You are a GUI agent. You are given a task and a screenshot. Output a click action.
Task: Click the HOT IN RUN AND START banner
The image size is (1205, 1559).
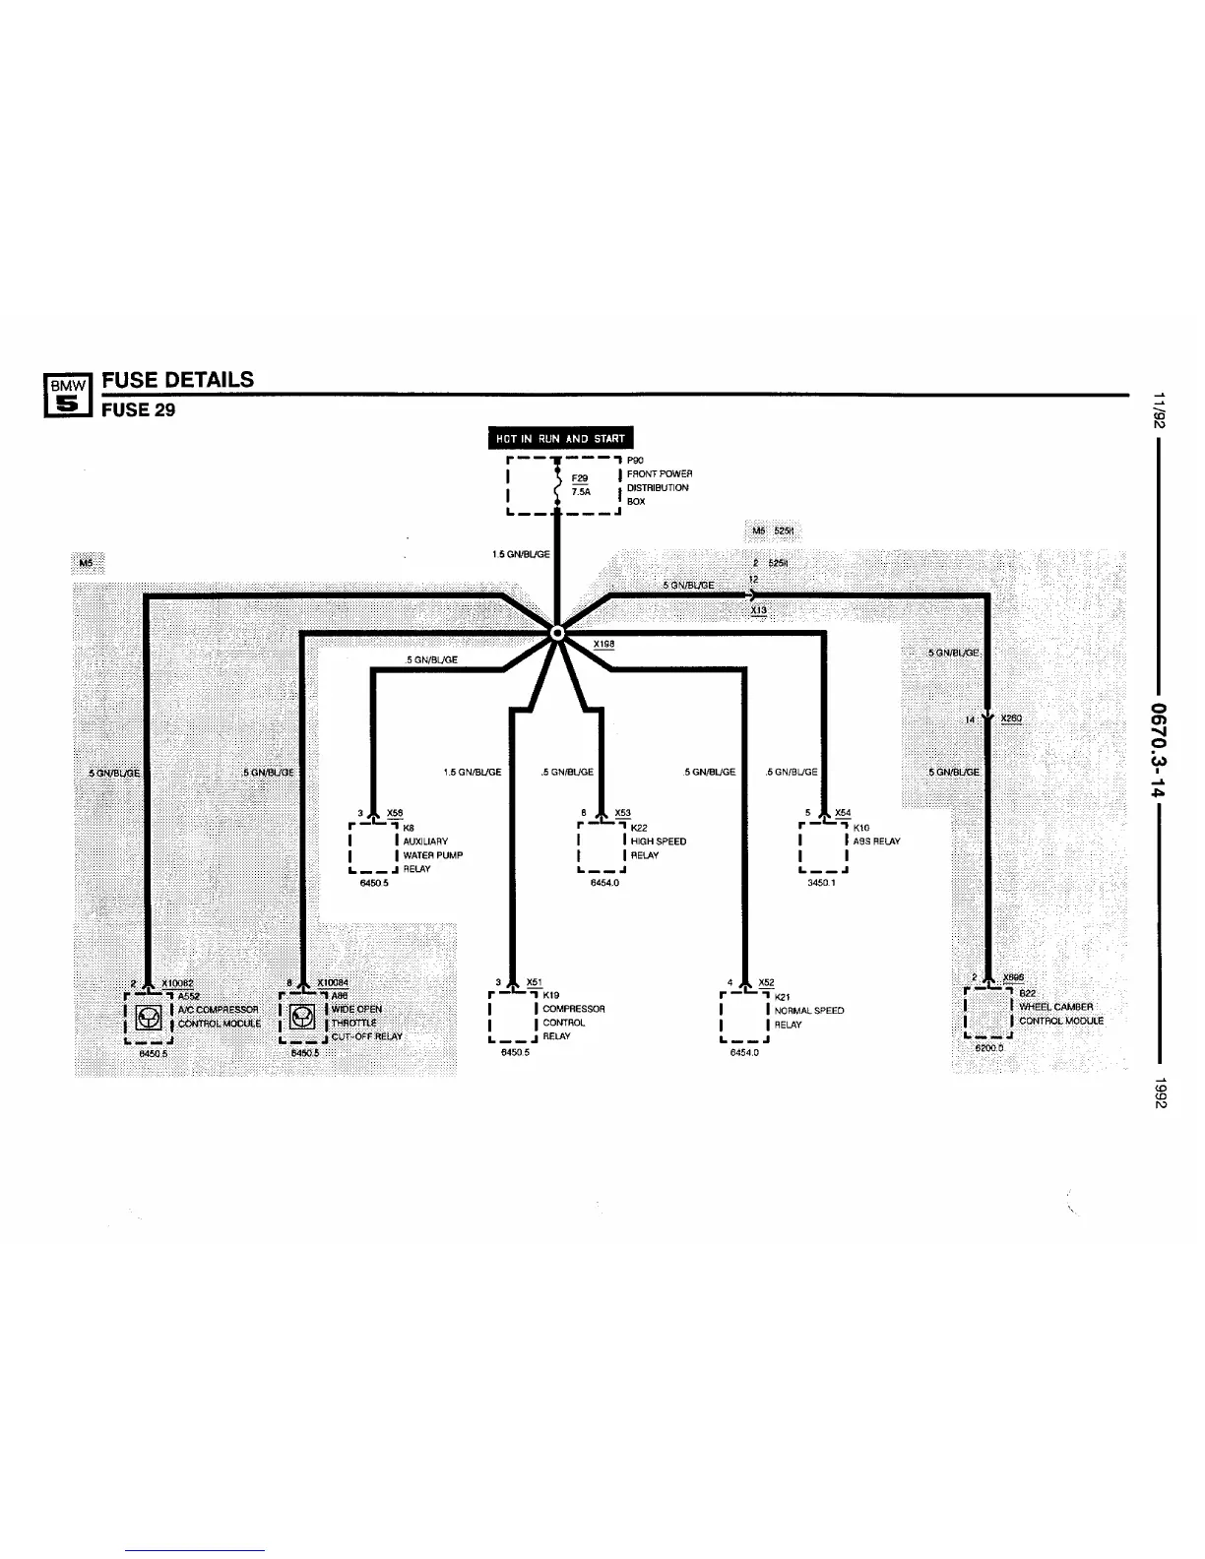click(x=561, y=439)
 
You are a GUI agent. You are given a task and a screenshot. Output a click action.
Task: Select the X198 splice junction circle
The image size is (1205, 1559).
click(x=557, y=633)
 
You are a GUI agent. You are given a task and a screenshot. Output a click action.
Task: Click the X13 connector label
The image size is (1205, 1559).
click(x=758, y=611)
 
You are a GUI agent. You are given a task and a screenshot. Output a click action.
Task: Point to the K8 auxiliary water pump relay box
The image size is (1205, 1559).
click(x=374, y=848)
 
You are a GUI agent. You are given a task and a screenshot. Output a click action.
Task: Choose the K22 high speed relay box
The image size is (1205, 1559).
click(x=602, y=848)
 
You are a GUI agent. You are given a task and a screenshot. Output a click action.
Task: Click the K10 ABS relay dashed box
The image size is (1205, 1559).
click(x=824, y=848)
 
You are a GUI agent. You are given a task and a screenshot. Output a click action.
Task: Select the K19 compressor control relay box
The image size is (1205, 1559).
click(x=513, y=1017)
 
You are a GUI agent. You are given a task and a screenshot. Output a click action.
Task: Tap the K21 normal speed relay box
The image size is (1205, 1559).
click(x=744, y=1017)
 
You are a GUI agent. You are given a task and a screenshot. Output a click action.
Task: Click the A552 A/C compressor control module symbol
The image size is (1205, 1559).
click(x=149, y=1017)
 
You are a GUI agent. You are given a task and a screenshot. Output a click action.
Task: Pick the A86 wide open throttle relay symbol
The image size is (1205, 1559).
click(x=302, y=1017)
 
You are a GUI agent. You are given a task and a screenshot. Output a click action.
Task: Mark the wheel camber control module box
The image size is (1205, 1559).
click(x=987, y=1013)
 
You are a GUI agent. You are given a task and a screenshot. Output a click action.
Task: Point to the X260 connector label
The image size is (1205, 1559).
click(x=1011, y=718)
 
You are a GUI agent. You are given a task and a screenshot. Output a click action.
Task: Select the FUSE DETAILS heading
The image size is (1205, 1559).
click(x=178, y=380)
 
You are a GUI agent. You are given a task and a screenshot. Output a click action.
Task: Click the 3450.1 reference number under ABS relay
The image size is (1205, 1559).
click(x=821, y=883)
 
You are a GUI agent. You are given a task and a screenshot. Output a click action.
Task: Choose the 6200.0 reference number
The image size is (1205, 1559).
click(x=988, y=1048)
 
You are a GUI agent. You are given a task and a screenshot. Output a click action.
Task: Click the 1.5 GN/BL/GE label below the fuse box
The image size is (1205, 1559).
click(x=521, y=554)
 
